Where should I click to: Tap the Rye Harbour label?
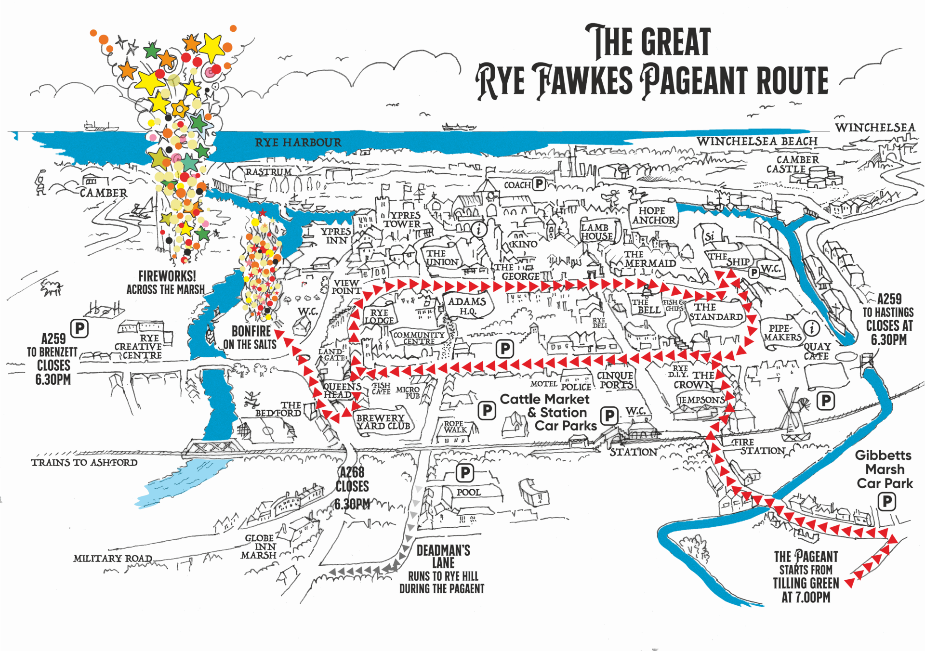tap(298, 143)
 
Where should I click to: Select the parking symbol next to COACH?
tap(539, 184)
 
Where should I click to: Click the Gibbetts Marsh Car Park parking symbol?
tap(887, 502)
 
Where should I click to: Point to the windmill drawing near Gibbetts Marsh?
tap(794, 415)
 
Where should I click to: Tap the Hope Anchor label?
tap(653, 215)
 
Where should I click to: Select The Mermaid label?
tap(649, 259)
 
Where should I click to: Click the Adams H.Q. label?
tap(467, 306)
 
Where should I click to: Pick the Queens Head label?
tap(342, 391)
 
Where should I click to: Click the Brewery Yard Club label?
tap(383, 422)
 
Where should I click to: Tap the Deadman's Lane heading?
tap(443, 556)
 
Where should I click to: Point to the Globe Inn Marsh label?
tap(260, 547)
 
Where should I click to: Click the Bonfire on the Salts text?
tap(250, 338)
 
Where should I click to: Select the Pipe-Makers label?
tap(782, 332)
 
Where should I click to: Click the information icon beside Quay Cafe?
tap(812, 328)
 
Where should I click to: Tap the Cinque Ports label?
tap(615, 380)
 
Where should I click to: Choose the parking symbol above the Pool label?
tap(465, 472)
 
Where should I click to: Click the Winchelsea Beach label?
tap(757, 141)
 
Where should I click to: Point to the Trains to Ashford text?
tap(84, 463)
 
